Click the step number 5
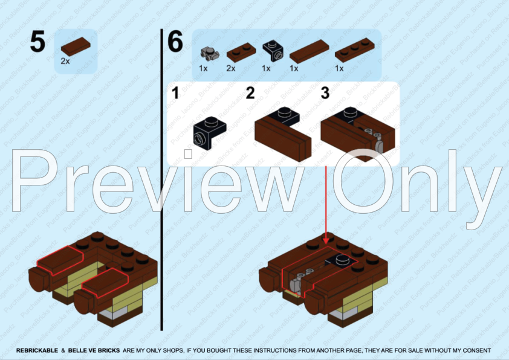[x=37, y=43]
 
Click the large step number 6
[x=175, y=43]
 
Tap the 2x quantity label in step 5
[x=65, y=62]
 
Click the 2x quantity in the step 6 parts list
[x=231, y=68]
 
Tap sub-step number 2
[x=250, y=94]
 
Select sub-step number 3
[x=325, y=94]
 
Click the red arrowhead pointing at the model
[x=326, y=241]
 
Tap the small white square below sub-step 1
[x=188, y=154]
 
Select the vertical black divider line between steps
[x=161, y=181]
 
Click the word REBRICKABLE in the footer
[x=37, y=350]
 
